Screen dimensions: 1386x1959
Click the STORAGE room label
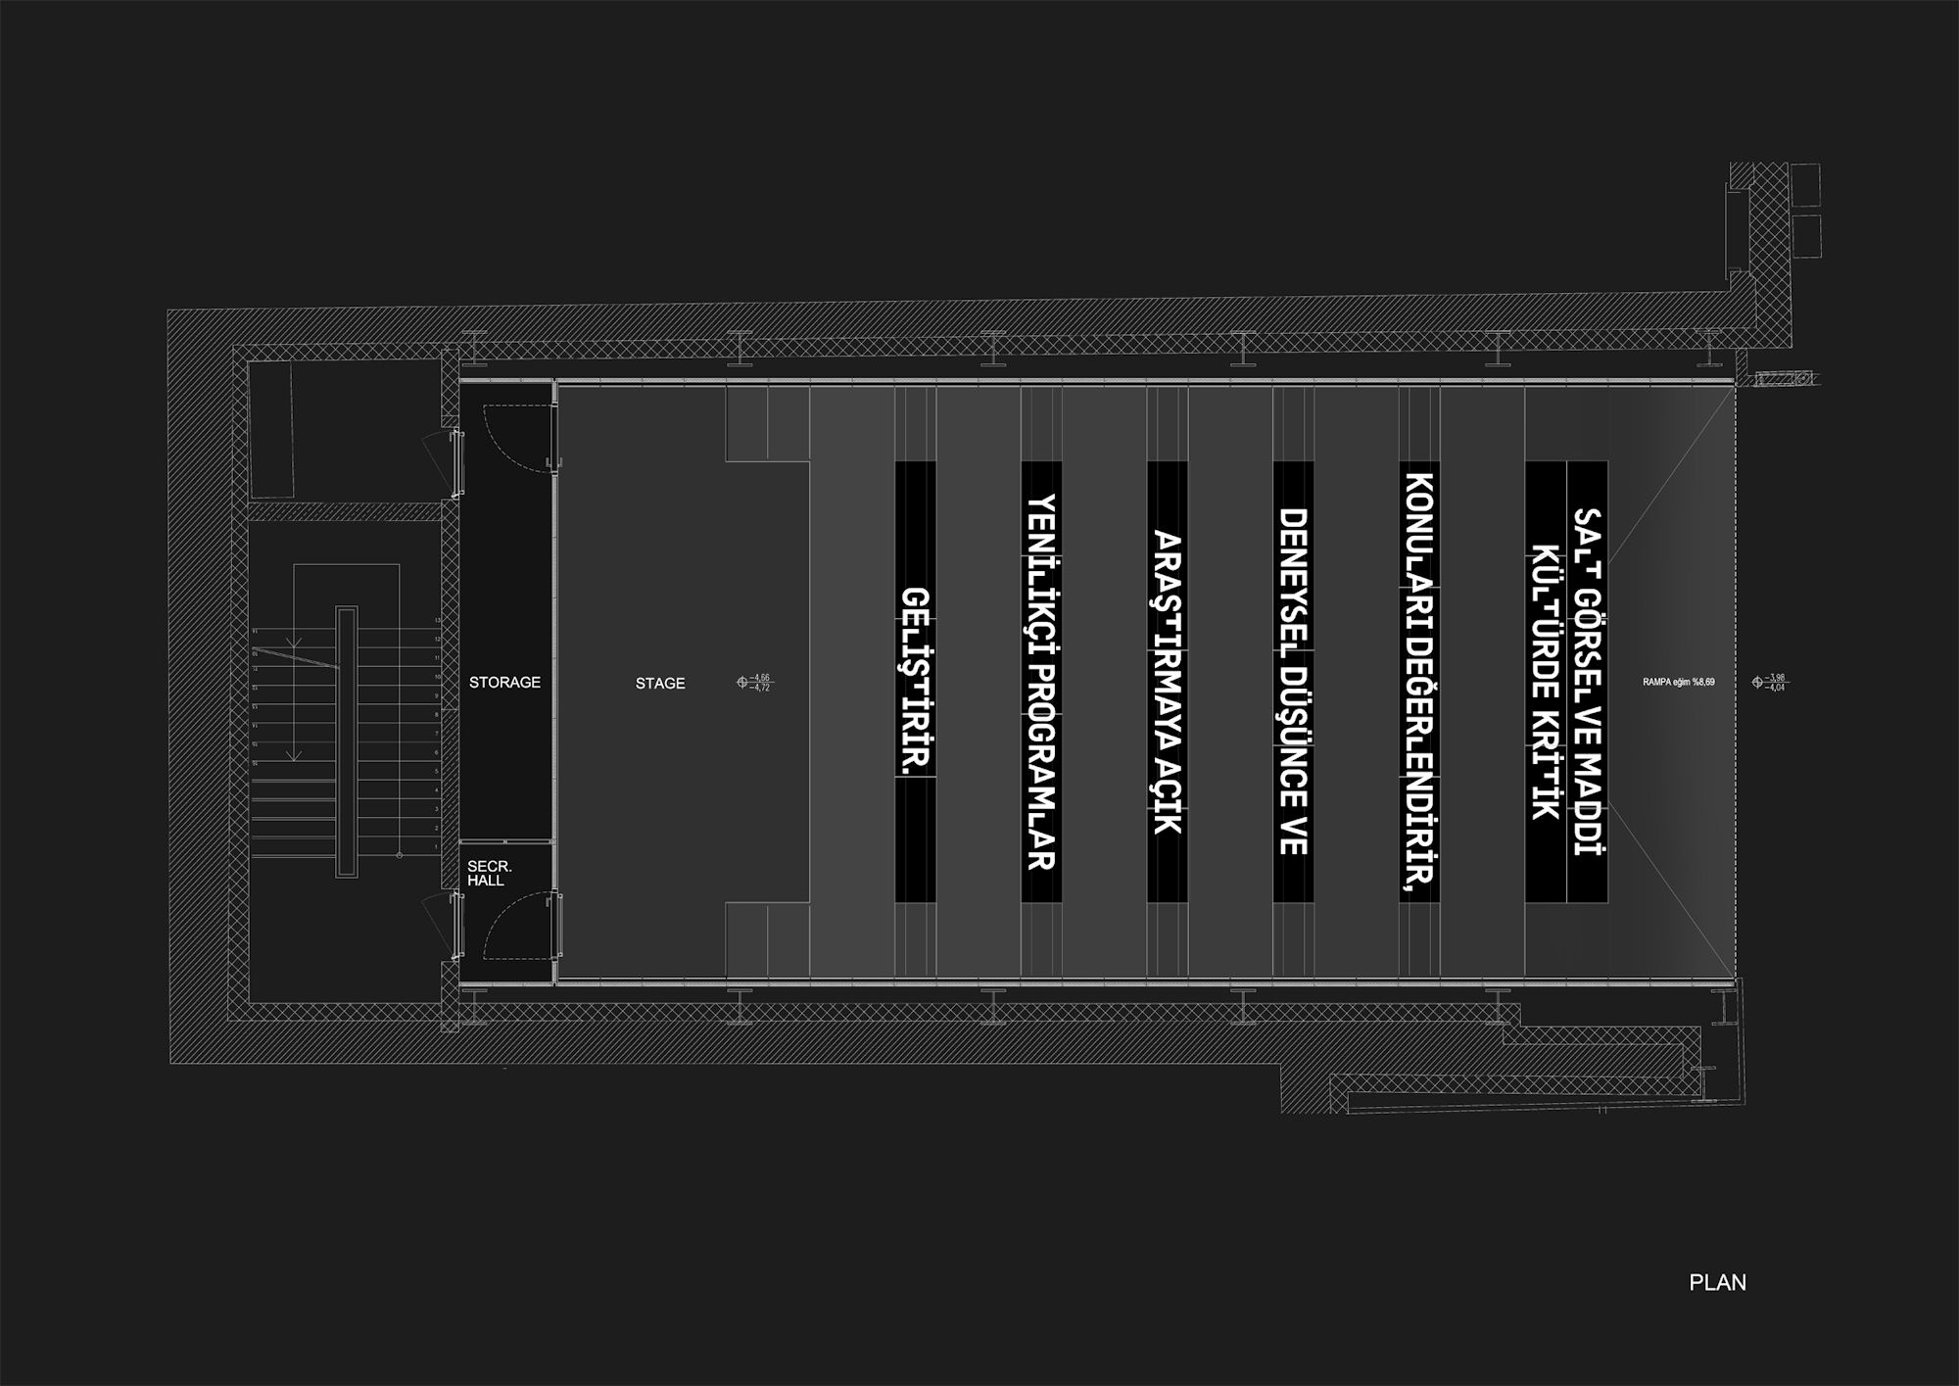pos(504,683)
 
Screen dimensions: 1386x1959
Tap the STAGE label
pos(660,684)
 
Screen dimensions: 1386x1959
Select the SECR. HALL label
pos(489,874)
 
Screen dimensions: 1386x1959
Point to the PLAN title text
pos(1717,1282)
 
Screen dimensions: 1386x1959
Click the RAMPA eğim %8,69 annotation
pos(1679,682)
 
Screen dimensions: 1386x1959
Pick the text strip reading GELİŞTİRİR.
pos(915,682)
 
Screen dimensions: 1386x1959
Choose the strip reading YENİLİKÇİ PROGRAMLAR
pos(1041,682)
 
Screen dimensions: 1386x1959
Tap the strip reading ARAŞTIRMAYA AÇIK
pos(1167,682)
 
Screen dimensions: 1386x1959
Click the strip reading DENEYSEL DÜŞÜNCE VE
pos(1293,682)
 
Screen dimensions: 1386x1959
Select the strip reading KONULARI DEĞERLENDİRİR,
pos(1419,682)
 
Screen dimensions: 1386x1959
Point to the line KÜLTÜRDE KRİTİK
pos(1546,682)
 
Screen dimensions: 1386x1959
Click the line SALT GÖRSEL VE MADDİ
pos(1588,682)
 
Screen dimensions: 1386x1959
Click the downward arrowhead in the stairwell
pos(292,755)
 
